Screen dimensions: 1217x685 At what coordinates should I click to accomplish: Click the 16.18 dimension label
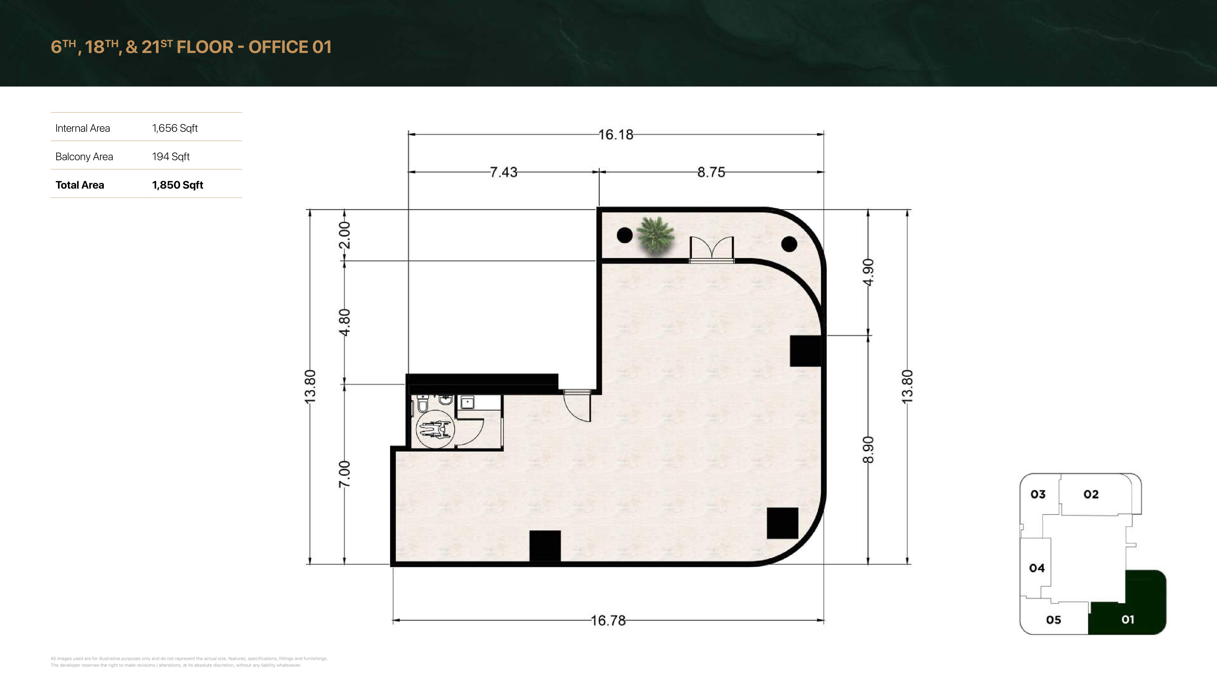616,135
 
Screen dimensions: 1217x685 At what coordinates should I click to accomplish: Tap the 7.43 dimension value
504,172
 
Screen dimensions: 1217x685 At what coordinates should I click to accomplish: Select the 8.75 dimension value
711,172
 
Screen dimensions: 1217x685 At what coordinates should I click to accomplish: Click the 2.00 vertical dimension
345,235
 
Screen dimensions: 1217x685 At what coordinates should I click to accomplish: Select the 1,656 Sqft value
175,128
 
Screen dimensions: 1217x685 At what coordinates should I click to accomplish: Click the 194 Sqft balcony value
171,156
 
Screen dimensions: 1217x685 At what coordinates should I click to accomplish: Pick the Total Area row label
80,185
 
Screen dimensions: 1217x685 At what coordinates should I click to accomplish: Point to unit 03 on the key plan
1038,495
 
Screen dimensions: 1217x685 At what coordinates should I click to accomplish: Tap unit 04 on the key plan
1037,568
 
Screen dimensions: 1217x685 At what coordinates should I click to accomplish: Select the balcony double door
711,249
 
